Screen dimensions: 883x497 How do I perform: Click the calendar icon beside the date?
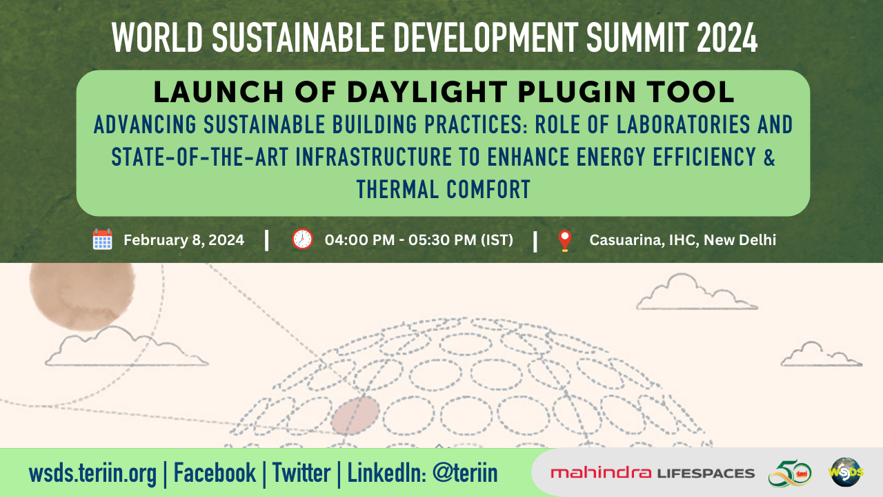pos(103,240)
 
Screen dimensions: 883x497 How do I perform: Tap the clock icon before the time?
pos(302,239)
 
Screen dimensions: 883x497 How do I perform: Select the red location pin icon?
pos(565,241)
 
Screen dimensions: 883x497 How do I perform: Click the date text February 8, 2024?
pos(184,240)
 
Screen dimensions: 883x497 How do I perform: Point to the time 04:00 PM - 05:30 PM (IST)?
pos(419,240)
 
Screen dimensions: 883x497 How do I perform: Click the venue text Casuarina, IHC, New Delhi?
pos(683,240)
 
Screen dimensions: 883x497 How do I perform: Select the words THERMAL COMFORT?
pos(444,189)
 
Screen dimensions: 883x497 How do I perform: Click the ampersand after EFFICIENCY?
pos(769,157)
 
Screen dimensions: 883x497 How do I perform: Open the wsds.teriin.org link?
pos(92,474)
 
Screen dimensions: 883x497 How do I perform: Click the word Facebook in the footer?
pos(215,473)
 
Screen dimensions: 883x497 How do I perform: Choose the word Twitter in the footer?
pos(301,473)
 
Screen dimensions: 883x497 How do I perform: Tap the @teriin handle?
pos(465,473)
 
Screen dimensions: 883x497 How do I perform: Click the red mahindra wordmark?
pos(601,472)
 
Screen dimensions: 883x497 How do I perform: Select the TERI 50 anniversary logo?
pos(790,473)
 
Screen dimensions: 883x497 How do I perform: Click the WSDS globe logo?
pos(846,471)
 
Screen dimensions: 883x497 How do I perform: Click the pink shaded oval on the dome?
pos(355,416)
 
